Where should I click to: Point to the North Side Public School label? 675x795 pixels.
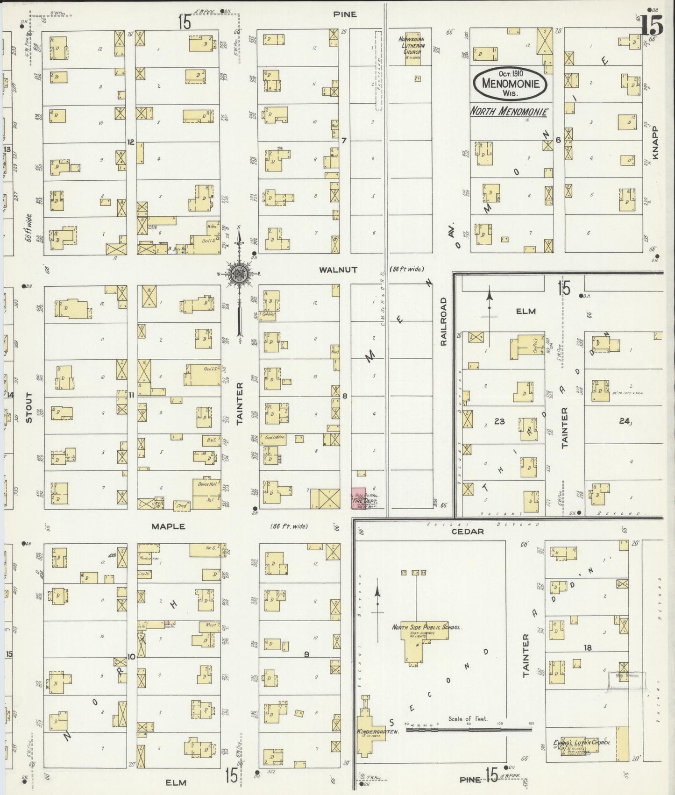click(426, 627)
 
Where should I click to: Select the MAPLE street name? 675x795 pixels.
click(168, 526)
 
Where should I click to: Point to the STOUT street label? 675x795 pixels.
click(29, 407)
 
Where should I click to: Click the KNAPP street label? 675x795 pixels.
click(656, 143)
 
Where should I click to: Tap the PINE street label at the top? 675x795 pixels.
click(345, 14)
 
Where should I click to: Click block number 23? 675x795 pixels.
click(499, 421)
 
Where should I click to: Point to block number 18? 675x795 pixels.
click(587, 647)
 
